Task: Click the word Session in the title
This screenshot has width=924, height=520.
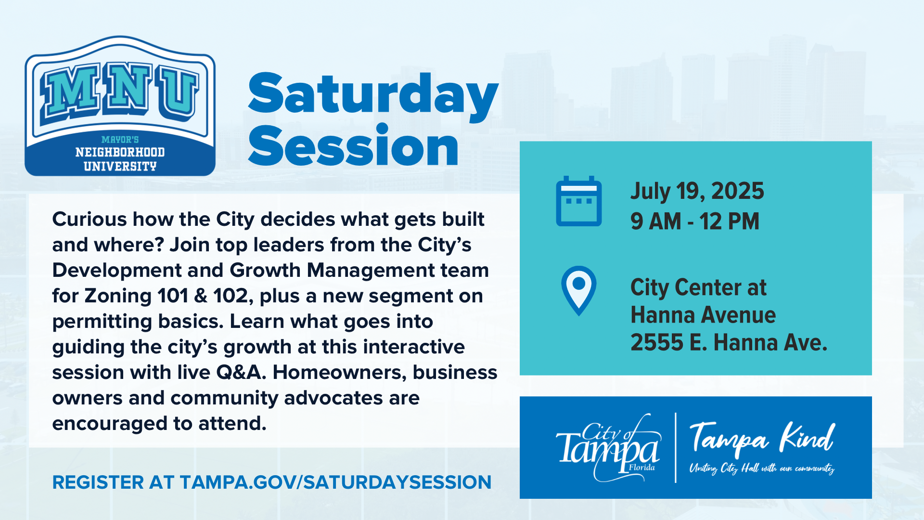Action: pos(353,145)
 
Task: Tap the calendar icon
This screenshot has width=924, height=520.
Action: pos(578,201)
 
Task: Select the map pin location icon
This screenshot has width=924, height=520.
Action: pos(578,290)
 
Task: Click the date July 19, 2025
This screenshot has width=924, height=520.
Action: pos(697,191)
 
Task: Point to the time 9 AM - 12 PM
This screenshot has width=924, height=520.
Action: pos(694,221)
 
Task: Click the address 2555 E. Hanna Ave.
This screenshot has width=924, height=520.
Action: pos(729,342)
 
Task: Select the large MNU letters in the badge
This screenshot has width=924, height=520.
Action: pos(120,91)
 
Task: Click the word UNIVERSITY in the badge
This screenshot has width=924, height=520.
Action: pos(120,167)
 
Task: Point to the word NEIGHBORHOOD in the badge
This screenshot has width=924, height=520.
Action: pos(120,152)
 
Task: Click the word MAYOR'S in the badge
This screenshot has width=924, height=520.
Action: pos(120,140)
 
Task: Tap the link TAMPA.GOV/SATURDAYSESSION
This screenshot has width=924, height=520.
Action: pos(335,482)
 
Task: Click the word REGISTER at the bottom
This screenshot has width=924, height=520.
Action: pos(98,482)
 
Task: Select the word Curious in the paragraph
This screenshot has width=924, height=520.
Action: pos(89,219)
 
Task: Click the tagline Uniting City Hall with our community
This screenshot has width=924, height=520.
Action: pos(762,468)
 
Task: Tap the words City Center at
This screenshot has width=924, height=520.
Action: pos(698,287)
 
